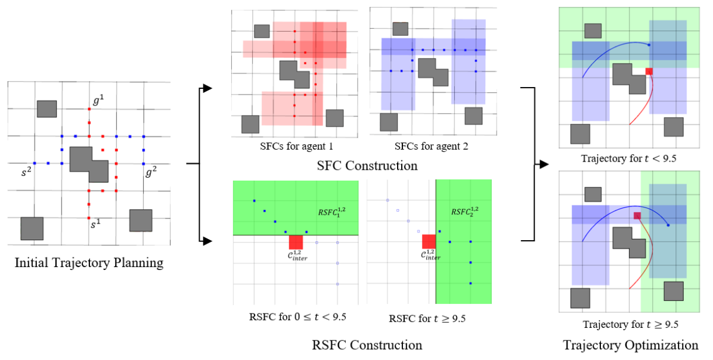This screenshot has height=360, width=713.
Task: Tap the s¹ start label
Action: click(x=95, y=225)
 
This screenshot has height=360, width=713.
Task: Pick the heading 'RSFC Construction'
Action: click(x=367, y=345)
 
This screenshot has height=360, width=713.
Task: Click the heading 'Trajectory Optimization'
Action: click(x=630, y=345)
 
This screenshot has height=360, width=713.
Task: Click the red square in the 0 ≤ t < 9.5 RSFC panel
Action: click(x=296, y=242)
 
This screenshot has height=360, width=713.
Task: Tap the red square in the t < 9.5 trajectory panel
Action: click(x=649, y=72)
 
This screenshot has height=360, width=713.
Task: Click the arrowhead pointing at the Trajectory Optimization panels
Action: click(x=544, y=163)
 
